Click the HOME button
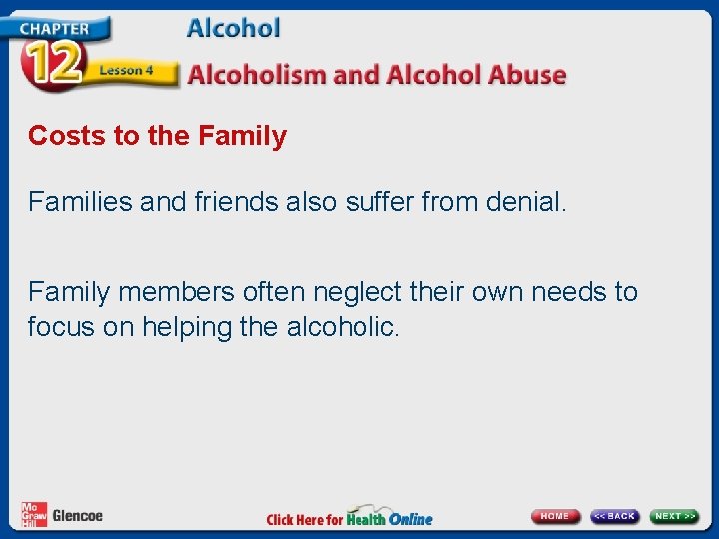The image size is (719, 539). pyautogui.click(x=555, y=516)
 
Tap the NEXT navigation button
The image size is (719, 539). pyautogui.click(x=674, y=516)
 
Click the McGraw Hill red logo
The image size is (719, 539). pyautogui.click(x=34, y=514)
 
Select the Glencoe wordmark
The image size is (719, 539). pyautogui.click(x=78, y=516)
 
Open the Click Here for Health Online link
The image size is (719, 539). pyautogui.click(x=350, y=518)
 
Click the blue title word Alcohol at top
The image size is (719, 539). pyautogui.click(x=233, y=28)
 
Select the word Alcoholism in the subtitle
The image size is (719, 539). pyautogui.click(x=258, y=75)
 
